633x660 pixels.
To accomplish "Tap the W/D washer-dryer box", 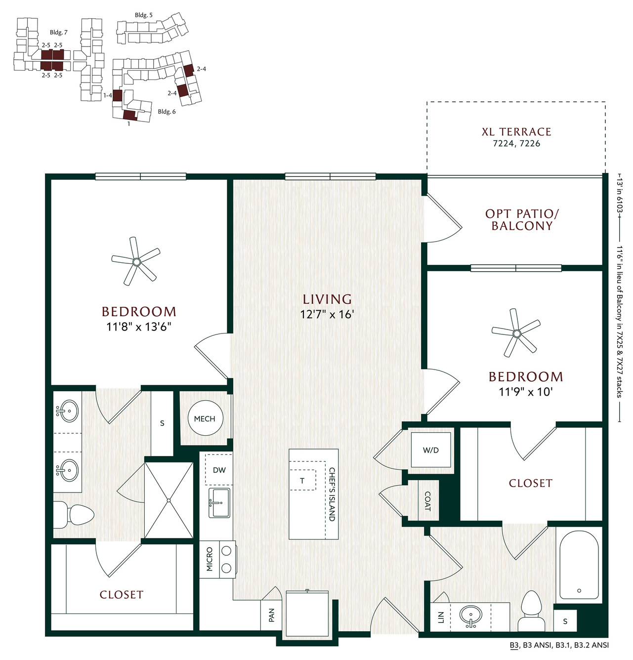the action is pyautogui.click(x=431, y=450).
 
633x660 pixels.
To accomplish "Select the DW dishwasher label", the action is pyautogui.click(x=219, y=470).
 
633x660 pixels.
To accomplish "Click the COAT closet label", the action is pyautogui.click(x=427, y=501).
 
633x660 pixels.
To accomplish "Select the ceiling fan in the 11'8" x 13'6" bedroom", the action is pyautogui.click(x=136, y=261).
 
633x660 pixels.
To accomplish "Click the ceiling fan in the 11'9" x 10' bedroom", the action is pyautogui.click(x=516, y=333).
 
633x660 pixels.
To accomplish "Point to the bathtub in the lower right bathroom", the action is pyautogui.click(x=579, y=565).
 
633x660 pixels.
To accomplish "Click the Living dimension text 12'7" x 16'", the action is pyautogui.click(x=327, y=314).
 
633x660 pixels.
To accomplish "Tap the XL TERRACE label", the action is pyautogui.click(x=517, y=131).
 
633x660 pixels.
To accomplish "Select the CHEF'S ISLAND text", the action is pyautogui.click(x=332, y=495).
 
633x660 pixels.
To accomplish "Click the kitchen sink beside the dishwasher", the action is pyautogui.click(x=219, y=503).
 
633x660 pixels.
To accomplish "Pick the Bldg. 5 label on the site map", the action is pyautogui.click(x=143, y=15).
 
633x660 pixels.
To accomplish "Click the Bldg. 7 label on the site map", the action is pyautogui.click(x=58, y=33).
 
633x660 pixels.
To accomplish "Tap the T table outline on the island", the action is pyautogui.click(x=303, y=480).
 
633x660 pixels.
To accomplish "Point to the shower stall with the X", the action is pyautogui.click(x=169, y=500).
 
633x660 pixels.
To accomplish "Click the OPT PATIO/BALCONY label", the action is pyautogui.click(x=522, y=220).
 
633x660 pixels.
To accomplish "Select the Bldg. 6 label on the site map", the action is pyautogui.click(x=167, y=112).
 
